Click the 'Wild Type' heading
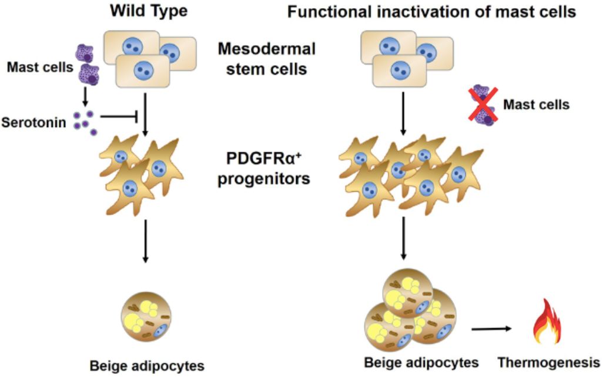pyautogui.click(x=149, y=11)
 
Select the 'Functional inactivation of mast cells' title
pyautogui.click(x=431, y=12)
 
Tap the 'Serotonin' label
pyautogui.click(x=34, y=122)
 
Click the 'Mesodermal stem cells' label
pyautogui.click(x=266, y=59)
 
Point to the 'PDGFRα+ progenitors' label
pyautogui.click(x=264, y=169)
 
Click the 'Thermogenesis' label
pyautogui.click(x=549, y=362)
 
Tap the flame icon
pyautogui.click(x=547, y=322)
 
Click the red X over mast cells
pyautogui.click(x=483, y=104)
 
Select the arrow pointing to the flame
pyautogui.click(x=491, y=329)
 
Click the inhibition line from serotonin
pyautogui.click(x=119, y=115)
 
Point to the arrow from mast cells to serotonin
pyautogui.click(x=85, y=98)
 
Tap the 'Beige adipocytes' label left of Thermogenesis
pyautogui.click(x=421, y=363)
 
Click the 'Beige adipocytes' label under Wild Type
pyautogui.click(x=147, y=366)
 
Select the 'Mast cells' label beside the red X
pyautogui.click(x=536, y=104)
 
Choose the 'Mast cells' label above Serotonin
pyautogui.click(x=40, y=67)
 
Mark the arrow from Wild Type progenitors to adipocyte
pyautogui.click(x=145, y=241)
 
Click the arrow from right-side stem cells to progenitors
pyautogui.click(x=403, y=113)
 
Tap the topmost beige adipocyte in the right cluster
pyautogui.click(x=408, y=294)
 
